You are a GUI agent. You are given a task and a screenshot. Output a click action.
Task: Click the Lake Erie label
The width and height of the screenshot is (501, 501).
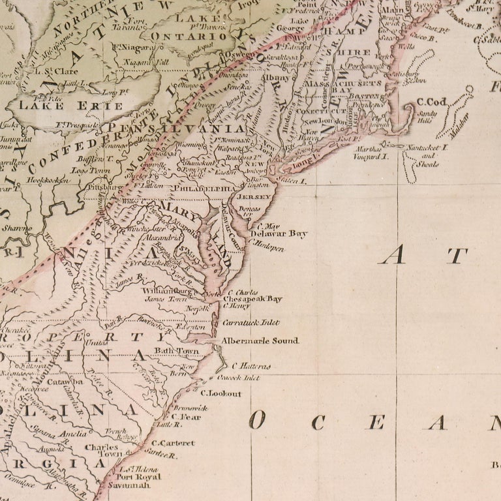point(70,105)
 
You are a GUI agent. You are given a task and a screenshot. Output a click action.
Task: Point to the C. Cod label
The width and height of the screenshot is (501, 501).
point(430,102)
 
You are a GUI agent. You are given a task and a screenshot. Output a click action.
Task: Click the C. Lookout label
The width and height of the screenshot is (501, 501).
point(220,393)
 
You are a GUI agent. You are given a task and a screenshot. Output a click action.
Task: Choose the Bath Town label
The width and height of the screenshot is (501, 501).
point(176,351)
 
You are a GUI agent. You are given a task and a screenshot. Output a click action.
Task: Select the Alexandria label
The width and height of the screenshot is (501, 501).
point(163,239)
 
